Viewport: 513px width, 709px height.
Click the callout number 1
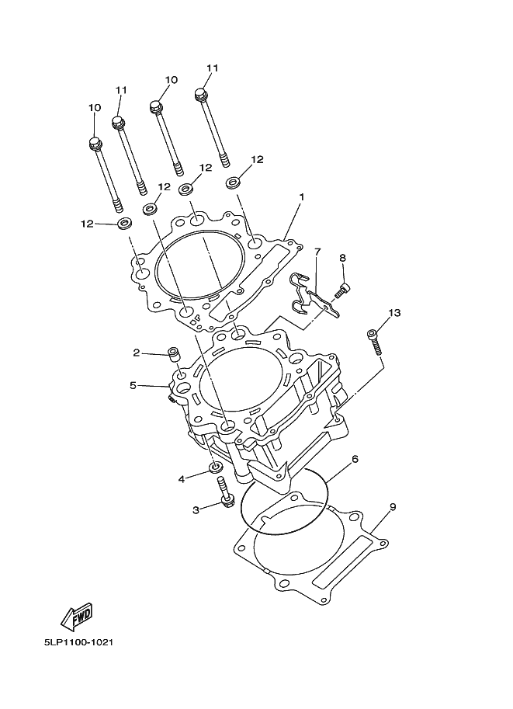pyautogui.click(x=302, y=196)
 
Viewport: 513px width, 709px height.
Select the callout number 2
pyautogui.click(x=136, y=353)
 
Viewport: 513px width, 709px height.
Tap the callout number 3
pyautogui.click(x=196, y=509)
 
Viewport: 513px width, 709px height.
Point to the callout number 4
pyautogui.click(x=182, y=479)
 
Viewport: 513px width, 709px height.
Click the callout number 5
pyautogui.click(x=133, y=384)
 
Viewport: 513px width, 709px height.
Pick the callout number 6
pyautogui.click(x=355, y=459)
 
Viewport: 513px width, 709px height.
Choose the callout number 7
pyautogui.click(x=317, y=252)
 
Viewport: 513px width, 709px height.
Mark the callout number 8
pyautogui.click(x=341, y=258)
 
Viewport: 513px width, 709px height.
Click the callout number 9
pyautogui.click(x=393, y=507)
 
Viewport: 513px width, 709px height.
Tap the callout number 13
pyautogui.click(x=394, y=312)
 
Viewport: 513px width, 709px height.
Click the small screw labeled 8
pyautogui.click(x=342, y=292)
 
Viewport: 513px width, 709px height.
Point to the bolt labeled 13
pyautogui.click(x=374, y=341)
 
